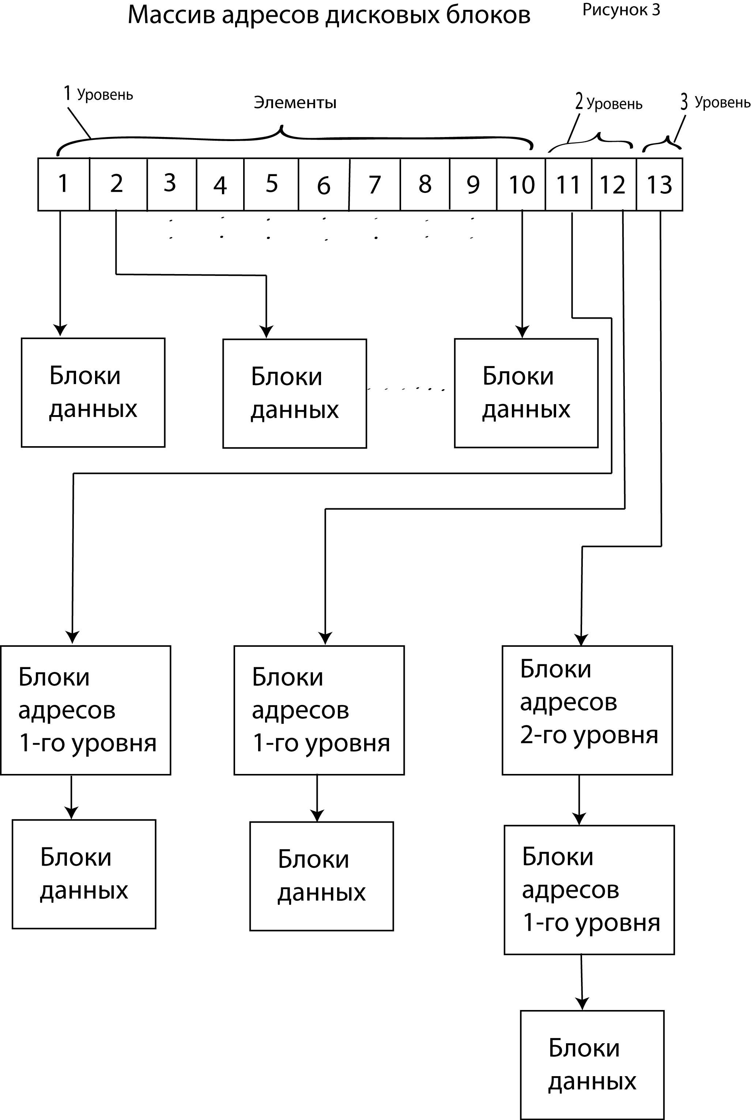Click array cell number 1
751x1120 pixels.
pos(63,184)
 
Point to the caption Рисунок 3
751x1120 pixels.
pos(621,10)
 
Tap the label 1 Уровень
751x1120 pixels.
pos(99,94)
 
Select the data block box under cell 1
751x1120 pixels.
pos(93,392)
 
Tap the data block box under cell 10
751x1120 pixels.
pos(526,393)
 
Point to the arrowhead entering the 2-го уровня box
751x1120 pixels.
pos(581,640)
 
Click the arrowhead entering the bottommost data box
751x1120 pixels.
pos(582,1004)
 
